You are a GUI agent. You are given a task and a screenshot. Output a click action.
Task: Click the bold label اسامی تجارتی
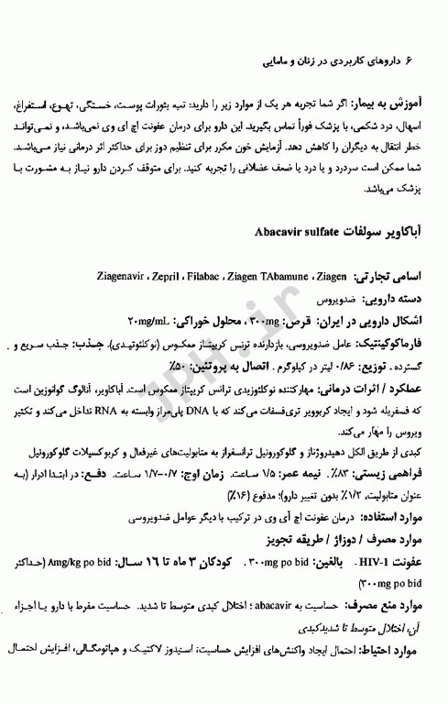[x=400, y=248]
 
